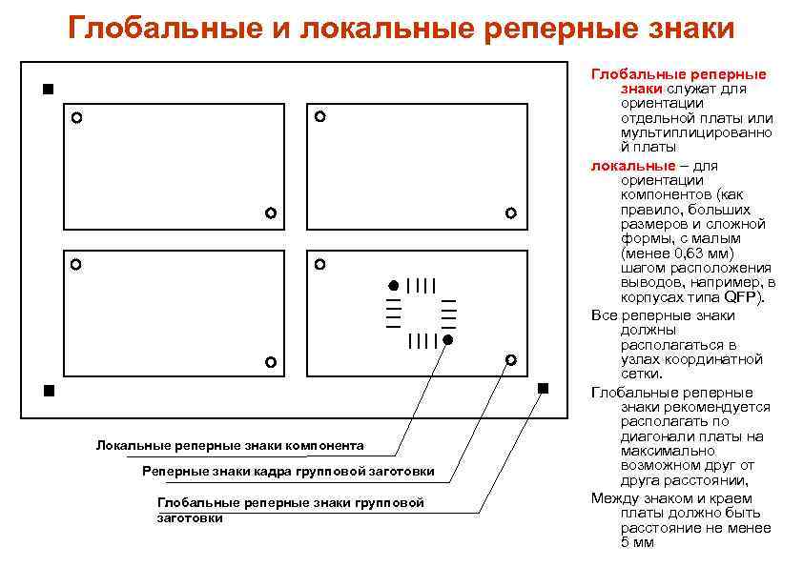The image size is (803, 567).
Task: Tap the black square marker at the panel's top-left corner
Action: point(48,90)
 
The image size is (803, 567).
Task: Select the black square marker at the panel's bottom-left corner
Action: point(48,391)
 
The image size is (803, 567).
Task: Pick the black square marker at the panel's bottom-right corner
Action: point(543,388)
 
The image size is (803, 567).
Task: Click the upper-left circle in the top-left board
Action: point(76,119)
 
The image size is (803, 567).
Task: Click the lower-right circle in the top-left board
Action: point(271,213)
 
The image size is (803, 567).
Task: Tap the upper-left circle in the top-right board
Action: point(319,116)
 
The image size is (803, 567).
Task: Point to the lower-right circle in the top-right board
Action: point(510,213)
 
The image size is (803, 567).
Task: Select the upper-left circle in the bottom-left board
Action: point(75,264)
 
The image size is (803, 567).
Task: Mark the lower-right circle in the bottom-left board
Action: point(270,362)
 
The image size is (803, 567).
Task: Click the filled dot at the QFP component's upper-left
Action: point(392,285)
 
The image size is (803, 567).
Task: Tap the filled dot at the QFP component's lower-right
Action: point(447,339)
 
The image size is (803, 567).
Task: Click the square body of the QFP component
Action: point(420,313)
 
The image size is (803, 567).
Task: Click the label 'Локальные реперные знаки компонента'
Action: point(230,445)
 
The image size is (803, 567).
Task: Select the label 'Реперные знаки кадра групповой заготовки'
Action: point(288,471)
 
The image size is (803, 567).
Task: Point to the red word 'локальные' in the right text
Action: point(626,166)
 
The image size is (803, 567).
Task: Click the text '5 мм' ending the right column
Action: point(638,543)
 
